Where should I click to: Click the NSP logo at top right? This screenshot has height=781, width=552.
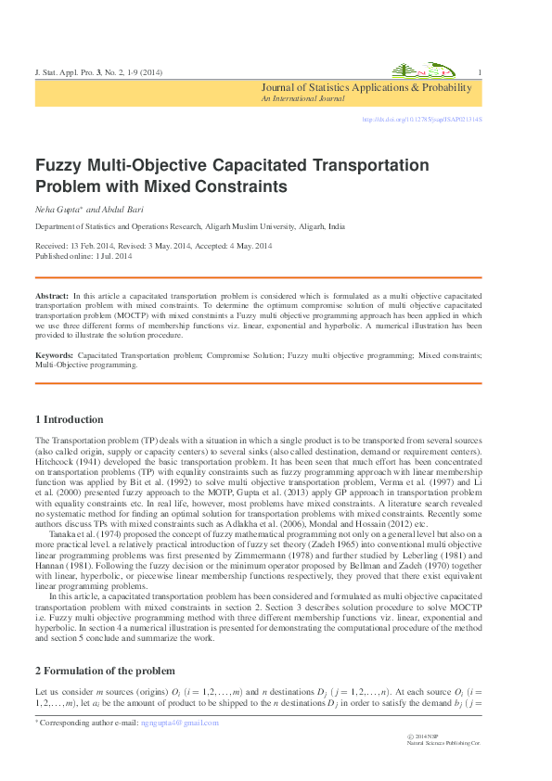(x=419, y=71)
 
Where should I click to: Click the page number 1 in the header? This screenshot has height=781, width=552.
(x=478, y=72)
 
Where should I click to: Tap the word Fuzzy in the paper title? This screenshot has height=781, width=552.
(x=59, y=168)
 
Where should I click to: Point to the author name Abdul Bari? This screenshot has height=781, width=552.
(x=118, y=210)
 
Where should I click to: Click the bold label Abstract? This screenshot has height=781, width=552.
(x=52, y=294)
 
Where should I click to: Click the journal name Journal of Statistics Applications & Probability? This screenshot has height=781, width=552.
(x=366, y=88)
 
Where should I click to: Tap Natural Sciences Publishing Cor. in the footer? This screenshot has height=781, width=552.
(x=444, y=744)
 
